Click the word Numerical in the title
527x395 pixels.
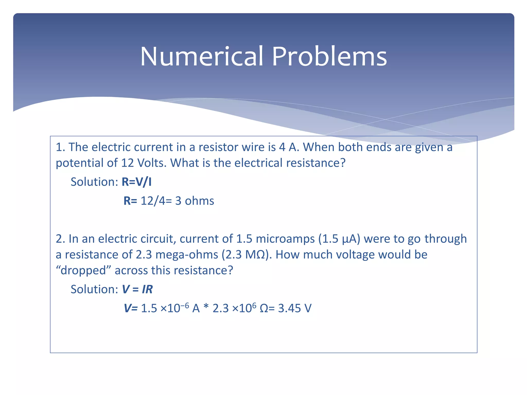pyautogui.click(x=202, y=56)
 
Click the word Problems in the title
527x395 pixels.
pyautogui.click(x=329, y=56)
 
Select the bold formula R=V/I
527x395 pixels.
pyautogui.click(x=136, y=182)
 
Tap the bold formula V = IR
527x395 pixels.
pyautogui.click(x=137, y=289)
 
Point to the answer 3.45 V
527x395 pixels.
pyautogui.click(x=295, y=308)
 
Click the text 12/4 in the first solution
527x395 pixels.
pyautogui.click(x=153, y=201)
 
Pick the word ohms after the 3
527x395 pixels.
pyautogui.click(x=199, y=201)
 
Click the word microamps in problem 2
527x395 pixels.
pyautogui.click(x=285, y=239)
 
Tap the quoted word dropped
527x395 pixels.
pyautogui.click(x=83, y=270)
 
